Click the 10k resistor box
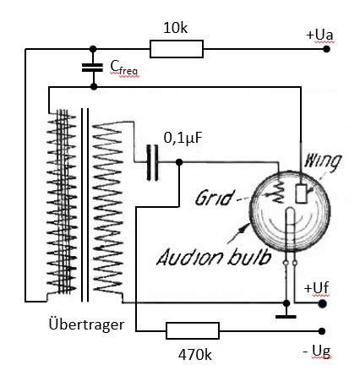[x=177, y=49]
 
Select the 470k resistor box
[x=193, y=330]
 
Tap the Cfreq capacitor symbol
[x=92, y=68]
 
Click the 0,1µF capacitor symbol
[x=152, y=162]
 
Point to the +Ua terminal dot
[x=326, y=49]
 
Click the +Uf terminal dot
[x=322, y=303]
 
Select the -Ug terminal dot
[x=322, y=331]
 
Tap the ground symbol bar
[x=286, y=317]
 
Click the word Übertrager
[x=86, y=324]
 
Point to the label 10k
[x=175, y=28]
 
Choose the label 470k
[x=195, y=355]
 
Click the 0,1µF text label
[x=183, y=138]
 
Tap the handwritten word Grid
[x=215, y=198]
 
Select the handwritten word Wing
[x=322, y=162]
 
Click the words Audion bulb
[x=214, y=257]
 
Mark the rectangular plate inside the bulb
[x=301, y=193]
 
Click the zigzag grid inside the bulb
[x=279, y=192]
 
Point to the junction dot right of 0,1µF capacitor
[x=179, y=162]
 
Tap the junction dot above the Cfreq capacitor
[x=93, y=49]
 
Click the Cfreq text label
[x=124, y=68]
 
